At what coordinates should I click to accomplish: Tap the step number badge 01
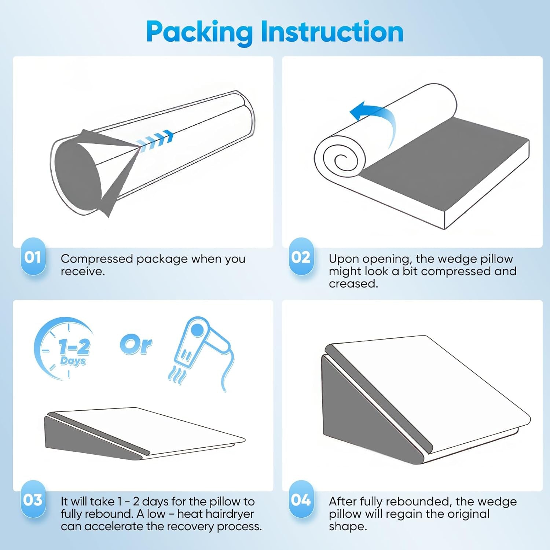point(33,257)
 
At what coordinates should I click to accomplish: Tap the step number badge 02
point(301,257)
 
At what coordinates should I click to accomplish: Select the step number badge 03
point(33,500)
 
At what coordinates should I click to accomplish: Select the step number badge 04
point(301,500)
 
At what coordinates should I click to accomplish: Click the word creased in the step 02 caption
point(353,283)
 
